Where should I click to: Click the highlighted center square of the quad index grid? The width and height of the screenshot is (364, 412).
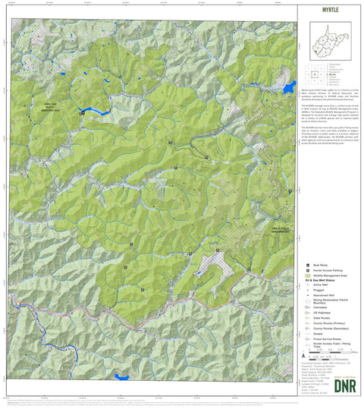(x=314, y=74)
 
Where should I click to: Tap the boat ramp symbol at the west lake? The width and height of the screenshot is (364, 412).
(x=82, y=113)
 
